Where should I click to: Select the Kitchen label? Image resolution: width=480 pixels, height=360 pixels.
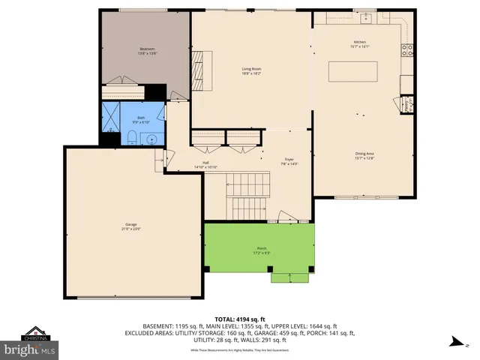click(361, 43)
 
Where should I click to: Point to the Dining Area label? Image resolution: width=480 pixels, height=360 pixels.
click(365, 156)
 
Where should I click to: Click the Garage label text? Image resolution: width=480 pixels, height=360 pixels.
click(130, 226)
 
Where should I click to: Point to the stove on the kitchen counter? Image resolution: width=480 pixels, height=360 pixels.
click(407, 51)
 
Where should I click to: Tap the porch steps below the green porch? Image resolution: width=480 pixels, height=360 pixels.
click(289, 278)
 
